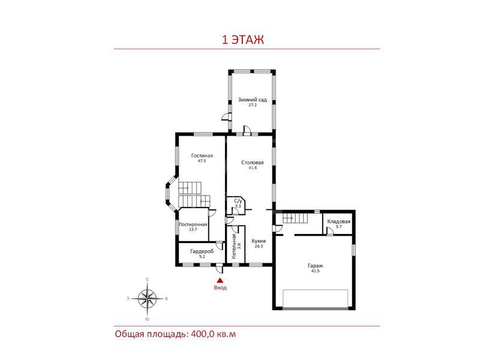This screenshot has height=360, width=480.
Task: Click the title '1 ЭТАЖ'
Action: pyautogui.click(x=242, y=40)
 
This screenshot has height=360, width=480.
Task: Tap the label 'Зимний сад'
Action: pyautogui.click(x=252, y=100)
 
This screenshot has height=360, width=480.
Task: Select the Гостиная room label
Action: pyautogui.click(x=202, y=155)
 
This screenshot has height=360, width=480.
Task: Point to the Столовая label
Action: pyautogui.click(x=252, y=162)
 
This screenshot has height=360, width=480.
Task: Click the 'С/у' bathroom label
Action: pyautogui.click(x=238, y=201)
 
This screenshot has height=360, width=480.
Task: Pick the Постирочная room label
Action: pyautogui.click(x=193, y=224)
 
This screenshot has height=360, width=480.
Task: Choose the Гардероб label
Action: pyautogui.click(x=202, y=251)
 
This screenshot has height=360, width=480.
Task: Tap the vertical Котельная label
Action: pyautogui.click(x=234, y=247)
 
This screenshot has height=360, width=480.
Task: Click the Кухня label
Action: pyautogui.click(x=259, y=241)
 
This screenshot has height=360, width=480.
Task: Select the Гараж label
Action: pyautogui.click(x=316, y=266)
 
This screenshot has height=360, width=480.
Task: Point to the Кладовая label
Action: pyautogui.click(x=338, y=221)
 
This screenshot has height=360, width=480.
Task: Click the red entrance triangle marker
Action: pyautogui.click(x=220, y=280)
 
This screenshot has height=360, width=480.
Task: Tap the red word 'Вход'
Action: pyautogui.click(x=220, y=288)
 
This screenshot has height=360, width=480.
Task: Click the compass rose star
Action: pyautogui.click(x=147, y=299)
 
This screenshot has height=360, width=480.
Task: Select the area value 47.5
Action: pyautogui.click(x=202, y=161)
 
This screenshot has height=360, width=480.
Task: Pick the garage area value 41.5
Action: pyautogui.click(x=316, y=271)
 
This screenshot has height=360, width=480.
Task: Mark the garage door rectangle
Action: pyautogui.click(x=316, y=298)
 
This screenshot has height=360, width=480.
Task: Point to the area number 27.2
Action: pyautogui.click(x=252, y=104)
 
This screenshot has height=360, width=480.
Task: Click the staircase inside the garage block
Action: pyautogui.click(x=295, y=218)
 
